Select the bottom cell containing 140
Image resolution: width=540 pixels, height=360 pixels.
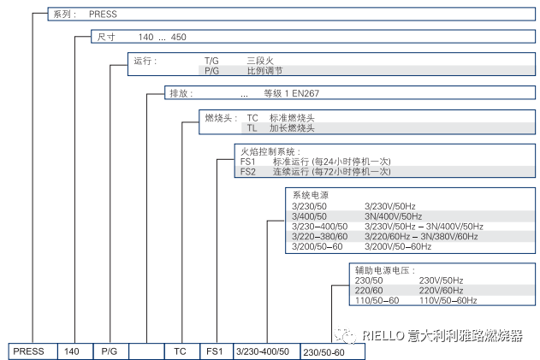73,351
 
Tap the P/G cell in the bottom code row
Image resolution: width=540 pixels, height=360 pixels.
110,351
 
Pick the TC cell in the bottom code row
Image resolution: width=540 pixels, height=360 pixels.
180,351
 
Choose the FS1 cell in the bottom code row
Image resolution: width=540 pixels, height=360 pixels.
214,351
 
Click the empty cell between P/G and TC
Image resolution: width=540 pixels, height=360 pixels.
146,351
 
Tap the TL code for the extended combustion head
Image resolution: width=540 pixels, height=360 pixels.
252,128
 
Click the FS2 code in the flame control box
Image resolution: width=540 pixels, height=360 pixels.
247,171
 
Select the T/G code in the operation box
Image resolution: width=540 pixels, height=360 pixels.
211,62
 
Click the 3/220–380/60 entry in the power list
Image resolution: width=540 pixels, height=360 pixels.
320,236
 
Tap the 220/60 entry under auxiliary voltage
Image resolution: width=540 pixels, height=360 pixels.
369,290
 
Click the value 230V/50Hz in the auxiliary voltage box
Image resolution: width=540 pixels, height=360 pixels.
441,280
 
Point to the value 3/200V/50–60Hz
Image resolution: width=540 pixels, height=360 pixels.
398,246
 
